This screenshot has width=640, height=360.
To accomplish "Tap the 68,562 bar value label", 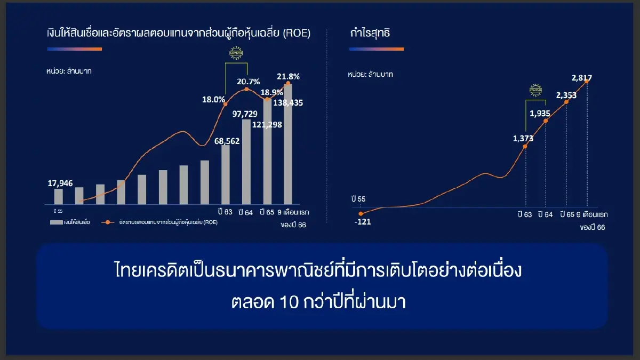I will (227, 141).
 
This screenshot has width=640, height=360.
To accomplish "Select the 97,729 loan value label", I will (245, 114).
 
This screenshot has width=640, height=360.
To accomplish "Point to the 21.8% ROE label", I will (288, 76).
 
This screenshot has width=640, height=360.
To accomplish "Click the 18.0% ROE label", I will (213, 99).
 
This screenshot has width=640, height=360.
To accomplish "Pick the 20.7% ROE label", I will (249, 82).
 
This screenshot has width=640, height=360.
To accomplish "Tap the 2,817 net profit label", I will (581, 78).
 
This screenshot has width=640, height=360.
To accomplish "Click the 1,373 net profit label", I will (523, 138).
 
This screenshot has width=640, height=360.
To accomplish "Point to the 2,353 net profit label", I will (566, 95).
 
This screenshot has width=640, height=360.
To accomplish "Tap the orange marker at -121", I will (361, 214).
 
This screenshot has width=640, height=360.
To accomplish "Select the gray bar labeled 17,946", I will (59, 196).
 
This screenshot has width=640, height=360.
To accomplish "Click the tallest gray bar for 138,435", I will (288, 144).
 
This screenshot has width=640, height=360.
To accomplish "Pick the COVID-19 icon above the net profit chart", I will (535, 91).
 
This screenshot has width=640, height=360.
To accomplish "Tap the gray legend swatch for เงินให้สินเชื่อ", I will (55, 222).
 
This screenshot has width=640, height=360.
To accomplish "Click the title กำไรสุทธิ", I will (370, 33).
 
